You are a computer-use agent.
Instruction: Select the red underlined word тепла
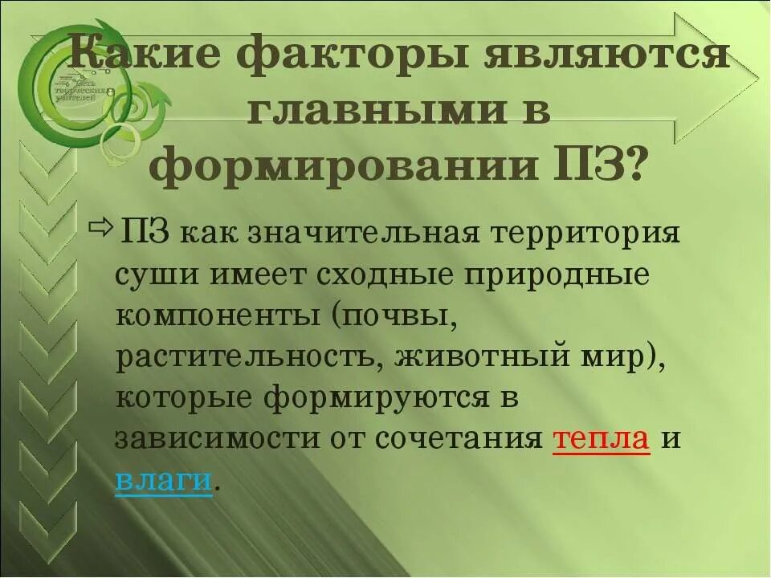coord(602,439)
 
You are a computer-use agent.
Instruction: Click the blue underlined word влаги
coord(164,482)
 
